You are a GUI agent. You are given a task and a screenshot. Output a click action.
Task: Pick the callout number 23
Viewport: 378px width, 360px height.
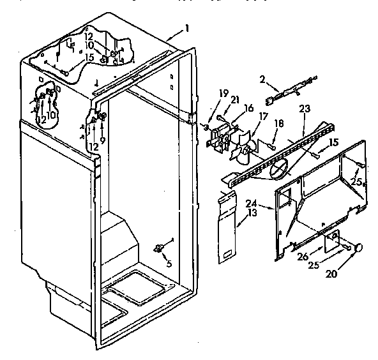tap(304, 109)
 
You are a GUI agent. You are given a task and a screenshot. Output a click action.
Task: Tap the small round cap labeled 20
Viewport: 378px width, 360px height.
tap(359, 248)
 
